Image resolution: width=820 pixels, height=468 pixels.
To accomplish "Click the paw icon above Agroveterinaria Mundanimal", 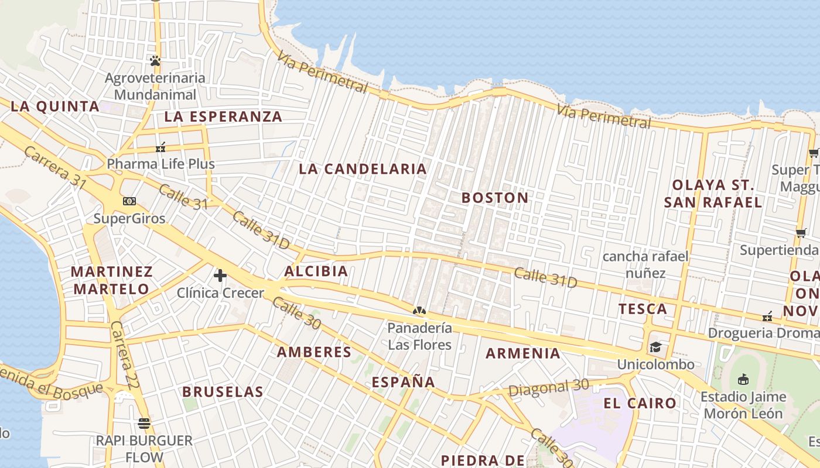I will point(155,60).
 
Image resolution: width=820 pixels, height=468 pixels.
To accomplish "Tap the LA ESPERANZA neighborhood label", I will point(223,116).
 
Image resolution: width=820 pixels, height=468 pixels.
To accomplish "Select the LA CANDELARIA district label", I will point(363,169).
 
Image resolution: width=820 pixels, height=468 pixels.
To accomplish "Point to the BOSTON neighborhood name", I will point(495,198).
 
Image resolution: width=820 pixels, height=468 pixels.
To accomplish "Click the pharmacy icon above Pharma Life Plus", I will point(160,147).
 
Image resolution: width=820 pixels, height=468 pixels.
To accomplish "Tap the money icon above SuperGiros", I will point(129,201).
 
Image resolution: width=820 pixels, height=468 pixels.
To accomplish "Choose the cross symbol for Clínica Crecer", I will point(220,275).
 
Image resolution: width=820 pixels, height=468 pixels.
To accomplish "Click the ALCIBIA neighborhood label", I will point(316,271).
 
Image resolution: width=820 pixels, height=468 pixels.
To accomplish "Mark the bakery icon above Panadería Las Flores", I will point(419,310).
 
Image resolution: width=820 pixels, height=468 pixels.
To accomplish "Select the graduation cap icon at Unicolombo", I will point(655,347).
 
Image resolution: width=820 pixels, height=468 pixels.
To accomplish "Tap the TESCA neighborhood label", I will point(643,309).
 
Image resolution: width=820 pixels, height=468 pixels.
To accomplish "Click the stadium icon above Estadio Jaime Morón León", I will point(743,379).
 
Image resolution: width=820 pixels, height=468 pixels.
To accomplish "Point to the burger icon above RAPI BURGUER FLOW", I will point(144,423).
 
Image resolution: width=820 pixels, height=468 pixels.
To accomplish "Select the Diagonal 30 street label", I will point(548,387).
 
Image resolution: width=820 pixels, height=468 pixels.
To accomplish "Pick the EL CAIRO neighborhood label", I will point(640,403).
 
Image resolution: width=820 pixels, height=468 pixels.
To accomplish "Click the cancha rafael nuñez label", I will point(645,264).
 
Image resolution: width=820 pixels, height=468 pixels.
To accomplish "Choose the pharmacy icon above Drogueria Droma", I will point(768,316).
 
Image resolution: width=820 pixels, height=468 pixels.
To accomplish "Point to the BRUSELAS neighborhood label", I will point(223,391).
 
